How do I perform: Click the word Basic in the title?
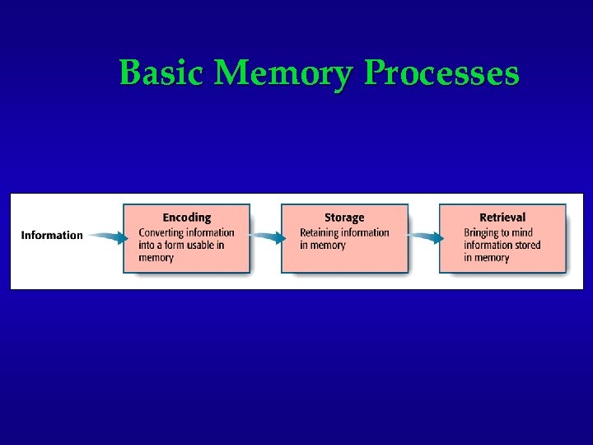click(x=161, y=73)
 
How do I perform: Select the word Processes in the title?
click(x=441, y=73)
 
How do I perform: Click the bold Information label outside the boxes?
click(x=52, y=236)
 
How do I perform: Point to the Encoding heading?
click(x=186, y=218)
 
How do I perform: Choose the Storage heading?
click(x=344, y=218)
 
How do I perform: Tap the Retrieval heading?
click(x=502, y=218)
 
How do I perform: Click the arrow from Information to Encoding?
click(x=107, y=237)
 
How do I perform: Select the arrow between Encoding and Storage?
click(x=267, y=237)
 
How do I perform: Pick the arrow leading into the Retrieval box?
click(x=425, y=237)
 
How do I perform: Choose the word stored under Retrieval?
click(x=525, y=245)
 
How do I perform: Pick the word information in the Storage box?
click(x=367, y=232)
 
